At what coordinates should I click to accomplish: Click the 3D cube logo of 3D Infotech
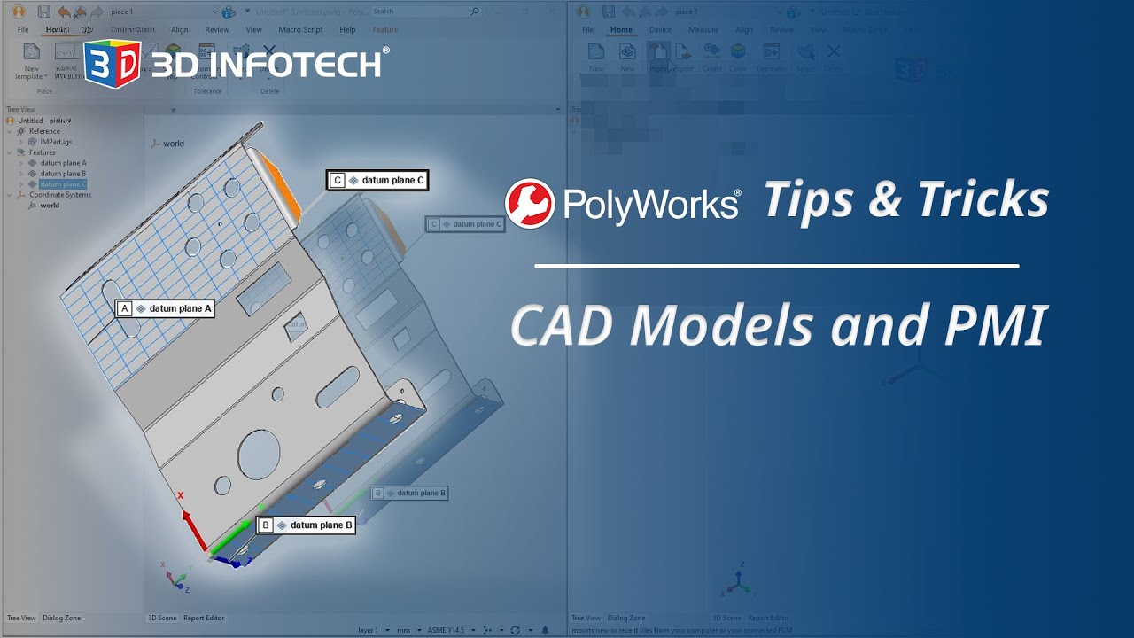coord(113,65)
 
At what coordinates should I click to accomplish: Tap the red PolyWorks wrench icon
coord(529,203)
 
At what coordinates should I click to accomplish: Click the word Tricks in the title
coord(983,199)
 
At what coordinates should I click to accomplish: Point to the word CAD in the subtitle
coord(563,325)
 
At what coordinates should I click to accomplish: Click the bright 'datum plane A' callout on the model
coord(166,308)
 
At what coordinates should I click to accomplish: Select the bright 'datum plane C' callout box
coord(377,180)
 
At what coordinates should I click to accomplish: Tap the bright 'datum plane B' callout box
coord(306,525)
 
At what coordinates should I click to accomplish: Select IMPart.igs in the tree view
coord(56,142)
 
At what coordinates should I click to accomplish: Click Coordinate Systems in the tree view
coord(60,195)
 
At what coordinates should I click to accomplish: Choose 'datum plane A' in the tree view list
coord(63,163)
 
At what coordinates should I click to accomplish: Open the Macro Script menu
coord(300,29)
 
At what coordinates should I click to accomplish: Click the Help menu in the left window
coord(347,29)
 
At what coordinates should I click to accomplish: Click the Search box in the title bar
coord(423,12)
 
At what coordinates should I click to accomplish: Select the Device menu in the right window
coord(660,29)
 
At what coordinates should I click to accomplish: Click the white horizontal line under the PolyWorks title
coord(776,266)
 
